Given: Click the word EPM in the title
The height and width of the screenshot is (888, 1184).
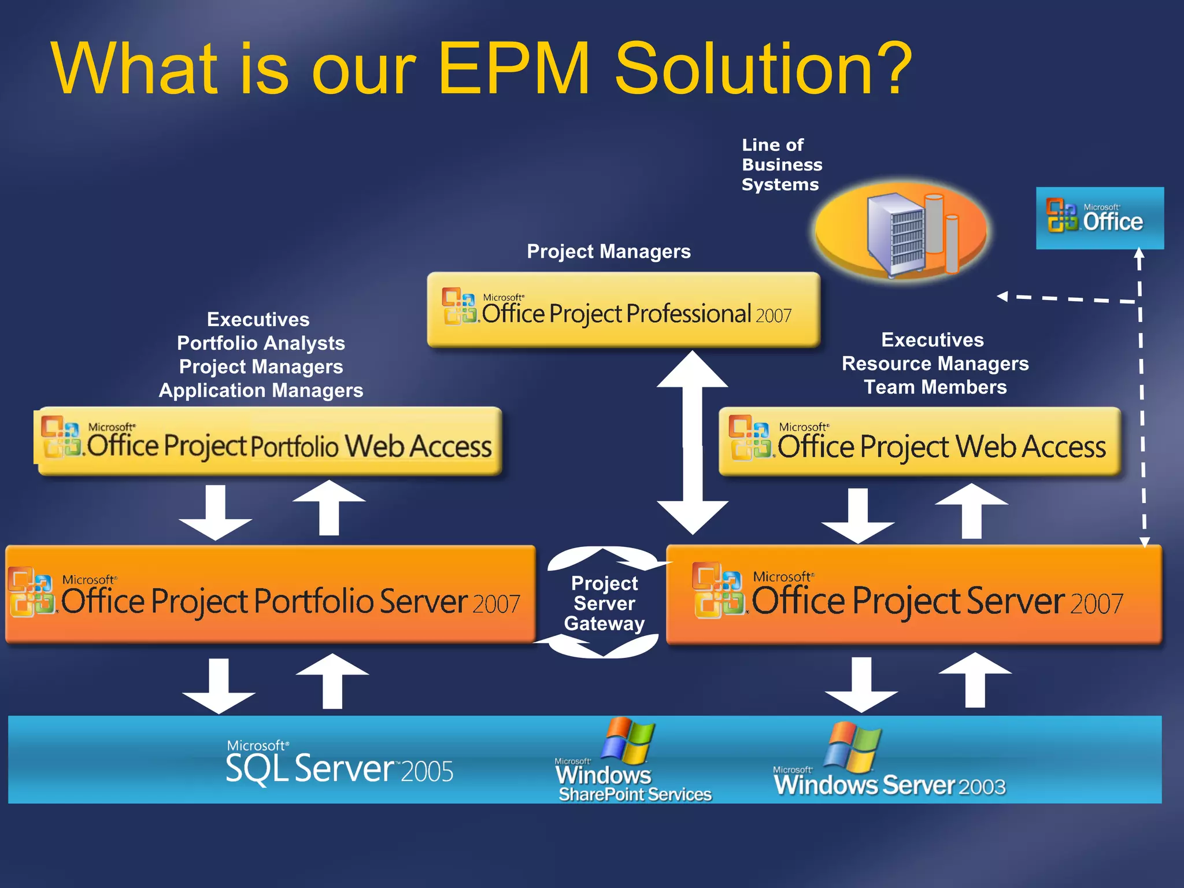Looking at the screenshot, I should click(x=513, y=68).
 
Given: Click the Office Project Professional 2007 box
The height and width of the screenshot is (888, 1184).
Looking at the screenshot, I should click(x=623, y=310).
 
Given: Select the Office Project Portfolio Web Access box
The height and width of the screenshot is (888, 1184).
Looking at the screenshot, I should click(x=269, y=442).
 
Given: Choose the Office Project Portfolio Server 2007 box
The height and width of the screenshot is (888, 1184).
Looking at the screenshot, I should click(x=269, y=594).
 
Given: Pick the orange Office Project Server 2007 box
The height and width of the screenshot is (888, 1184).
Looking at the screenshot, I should click(x=913, y=594).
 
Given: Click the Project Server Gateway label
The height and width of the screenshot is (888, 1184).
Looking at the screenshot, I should click(x=604, y=603).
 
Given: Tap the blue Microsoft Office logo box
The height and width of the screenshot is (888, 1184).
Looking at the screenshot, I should click(x=1100, y=218).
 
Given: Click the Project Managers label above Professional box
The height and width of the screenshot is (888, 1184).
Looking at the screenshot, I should click(x=609, y=251).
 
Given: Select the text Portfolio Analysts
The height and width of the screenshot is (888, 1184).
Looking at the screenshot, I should click(x=261, y=343).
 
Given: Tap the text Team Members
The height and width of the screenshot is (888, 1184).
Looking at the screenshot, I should click(x=935, y=387).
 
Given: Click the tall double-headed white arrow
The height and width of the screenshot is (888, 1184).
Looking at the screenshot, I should click(x=692, y=442).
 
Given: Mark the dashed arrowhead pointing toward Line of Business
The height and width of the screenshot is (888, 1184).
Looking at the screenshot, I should click(x=1003, y=297).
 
